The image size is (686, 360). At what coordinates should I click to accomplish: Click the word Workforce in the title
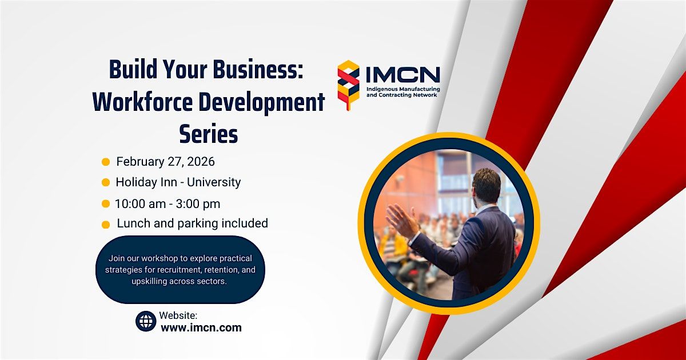[143, 102]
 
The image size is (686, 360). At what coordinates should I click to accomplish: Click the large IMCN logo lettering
[403, 74]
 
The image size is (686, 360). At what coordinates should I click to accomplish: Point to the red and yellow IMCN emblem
[349, 85]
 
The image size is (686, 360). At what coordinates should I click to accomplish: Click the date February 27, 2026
[165, 162]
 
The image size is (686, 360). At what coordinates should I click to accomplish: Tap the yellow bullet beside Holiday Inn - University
[106, 182]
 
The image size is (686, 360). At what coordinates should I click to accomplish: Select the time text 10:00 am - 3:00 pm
[167, 204]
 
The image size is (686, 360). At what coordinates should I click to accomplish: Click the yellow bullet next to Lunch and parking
[106, 225]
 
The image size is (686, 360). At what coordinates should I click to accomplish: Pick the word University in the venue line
[214, 182]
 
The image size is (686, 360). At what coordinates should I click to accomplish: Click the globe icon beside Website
[146, 321]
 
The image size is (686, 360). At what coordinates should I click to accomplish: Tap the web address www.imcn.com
[201, 327]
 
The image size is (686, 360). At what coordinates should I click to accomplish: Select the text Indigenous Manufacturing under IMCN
[403, 89]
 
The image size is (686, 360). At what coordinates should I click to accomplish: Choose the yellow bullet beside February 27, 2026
[106, 162]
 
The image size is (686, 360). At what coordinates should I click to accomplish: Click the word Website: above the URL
[178, 315]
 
